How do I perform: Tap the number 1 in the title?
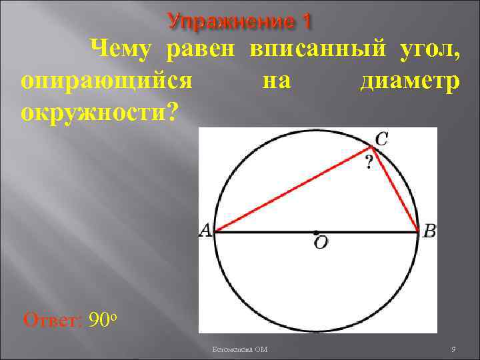click(x=306, y=21)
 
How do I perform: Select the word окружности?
click(x=99, y=112)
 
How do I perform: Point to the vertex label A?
click(x=205, y=231)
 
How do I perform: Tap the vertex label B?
click(x=429, y=231)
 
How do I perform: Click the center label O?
click(x=321, y=244)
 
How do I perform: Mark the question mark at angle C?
click(x=368, y=162)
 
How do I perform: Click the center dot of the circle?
click(x=315, y=233)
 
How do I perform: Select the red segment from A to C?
click(x=293, y=191)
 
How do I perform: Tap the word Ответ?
click(x=51, y=321)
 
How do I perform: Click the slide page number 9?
click(x=453, y=349)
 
